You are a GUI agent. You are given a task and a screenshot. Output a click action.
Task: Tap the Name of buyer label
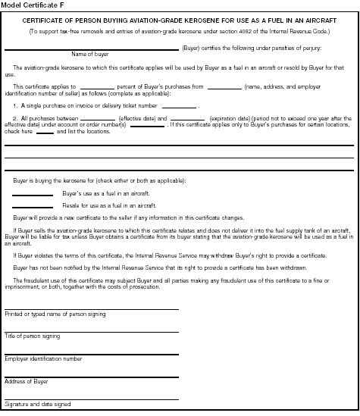(89, 54)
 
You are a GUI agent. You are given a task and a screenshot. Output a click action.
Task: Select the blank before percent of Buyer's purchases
(96, 89)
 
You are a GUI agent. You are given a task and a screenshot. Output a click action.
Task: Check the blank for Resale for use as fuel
(33, 207)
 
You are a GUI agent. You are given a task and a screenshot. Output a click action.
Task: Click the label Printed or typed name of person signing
(55, 314)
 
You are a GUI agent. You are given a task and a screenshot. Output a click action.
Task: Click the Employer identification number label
(43, 358)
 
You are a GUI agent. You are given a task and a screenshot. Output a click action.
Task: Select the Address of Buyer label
(27, 381)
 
